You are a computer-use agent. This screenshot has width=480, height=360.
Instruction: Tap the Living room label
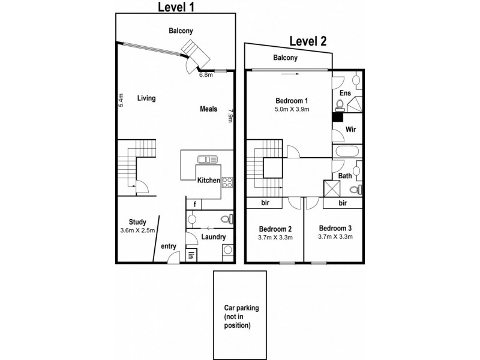[146, 98]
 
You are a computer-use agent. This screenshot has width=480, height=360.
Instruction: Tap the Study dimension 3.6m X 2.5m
[137, 229]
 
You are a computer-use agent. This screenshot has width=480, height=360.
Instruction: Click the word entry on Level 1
[169, 245]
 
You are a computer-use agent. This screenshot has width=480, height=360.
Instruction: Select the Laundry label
[214, 237]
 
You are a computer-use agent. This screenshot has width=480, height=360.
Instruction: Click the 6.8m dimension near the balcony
[206, 76]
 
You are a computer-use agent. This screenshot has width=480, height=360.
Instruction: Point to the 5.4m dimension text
[121, 100]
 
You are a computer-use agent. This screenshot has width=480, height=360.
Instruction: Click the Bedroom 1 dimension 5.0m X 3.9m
[292, 109]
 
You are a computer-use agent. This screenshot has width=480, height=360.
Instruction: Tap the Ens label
[345, 93]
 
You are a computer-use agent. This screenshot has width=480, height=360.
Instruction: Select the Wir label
[347, 129]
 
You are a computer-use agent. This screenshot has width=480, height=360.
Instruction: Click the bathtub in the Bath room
[347, 151]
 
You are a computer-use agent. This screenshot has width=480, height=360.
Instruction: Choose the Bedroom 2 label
[275, 228]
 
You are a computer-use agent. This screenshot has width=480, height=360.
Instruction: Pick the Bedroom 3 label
[335, 228]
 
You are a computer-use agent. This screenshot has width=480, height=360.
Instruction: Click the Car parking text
[239, 308]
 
